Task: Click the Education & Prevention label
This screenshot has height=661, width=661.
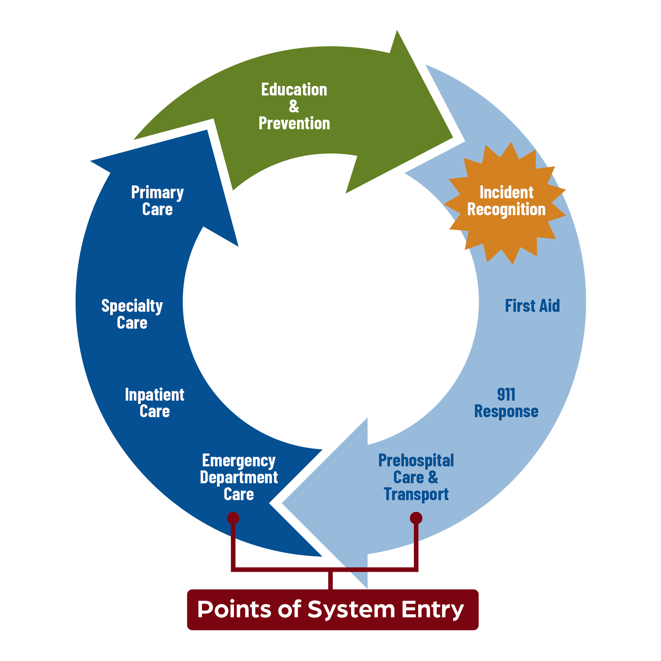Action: tap(294, 106)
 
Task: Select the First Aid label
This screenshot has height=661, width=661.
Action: tap(532, 306)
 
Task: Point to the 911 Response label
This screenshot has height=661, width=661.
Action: tap(506, 403)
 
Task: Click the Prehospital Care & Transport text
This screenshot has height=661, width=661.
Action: tap(416, 477)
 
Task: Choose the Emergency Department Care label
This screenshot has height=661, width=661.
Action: tap(239, 477)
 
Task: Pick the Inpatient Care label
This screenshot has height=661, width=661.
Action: tap(154, 403)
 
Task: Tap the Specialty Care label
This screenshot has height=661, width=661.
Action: tap(132, 314)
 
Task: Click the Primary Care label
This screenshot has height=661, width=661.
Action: tap(157, 201)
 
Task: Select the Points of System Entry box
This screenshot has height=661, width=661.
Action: tap(332, 610)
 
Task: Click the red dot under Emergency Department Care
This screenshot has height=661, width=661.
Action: tap(233, 518)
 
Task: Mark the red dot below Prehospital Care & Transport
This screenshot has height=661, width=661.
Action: tap(416, 518)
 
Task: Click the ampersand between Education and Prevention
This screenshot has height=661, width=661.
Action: tap(294, 106)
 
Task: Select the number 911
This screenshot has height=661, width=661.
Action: tap(506, 394)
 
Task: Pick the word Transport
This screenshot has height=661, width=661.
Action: tap(416, 494)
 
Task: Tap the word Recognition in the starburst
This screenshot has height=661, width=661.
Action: tap(506, 209)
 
